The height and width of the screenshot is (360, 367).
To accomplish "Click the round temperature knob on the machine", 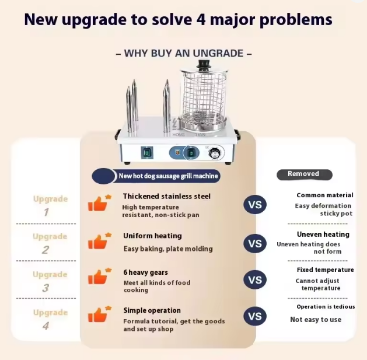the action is tap(214, 153).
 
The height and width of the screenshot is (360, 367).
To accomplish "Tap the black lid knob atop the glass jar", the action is tap(204, 64).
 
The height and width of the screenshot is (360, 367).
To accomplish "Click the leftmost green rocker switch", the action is tap(147, 153).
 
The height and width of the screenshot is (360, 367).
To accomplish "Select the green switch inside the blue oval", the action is tap(191, 153).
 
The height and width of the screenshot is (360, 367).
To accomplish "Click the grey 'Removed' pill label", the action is tap(304, 174).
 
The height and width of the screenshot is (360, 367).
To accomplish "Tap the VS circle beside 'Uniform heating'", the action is tap(255, 243).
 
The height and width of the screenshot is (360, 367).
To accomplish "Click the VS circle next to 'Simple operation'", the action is tap(255, 316).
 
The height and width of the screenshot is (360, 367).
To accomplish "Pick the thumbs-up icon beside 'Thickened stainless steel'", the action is tap(99, 203).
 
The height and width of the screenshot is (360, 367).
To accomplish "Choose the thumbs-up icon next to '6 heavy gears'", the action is tap(99, 276).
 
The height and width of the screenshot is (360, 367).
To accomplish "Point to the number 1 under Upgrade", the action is tap(46, 212).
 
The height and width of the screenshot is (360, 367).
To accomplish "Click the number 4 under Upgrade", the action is tap(46, 326).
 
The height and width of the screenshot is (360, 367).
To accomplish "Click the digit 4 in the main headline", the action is tap(201, 19).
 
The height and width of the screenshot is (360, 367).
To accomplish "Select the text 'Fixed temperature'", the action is tap(326, 270).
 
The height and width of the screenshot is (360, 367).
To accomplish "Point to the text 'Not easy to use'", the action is tap(316, 320).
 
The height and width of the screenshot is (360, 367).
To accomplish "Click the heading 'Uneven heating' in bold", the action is tap(323, 235).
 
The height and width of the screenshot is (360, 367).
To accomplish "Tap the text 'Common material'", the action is tap(325, 195).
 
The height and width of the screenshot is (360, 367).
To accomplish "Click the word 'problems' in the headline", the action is tap(296, 20).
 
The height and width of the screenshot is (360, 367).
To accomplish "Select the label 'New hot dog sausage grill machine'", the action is tap(168, 176).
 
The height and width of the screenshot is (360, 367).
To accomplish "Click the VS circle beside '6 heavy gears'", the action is tap(255, 279).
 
